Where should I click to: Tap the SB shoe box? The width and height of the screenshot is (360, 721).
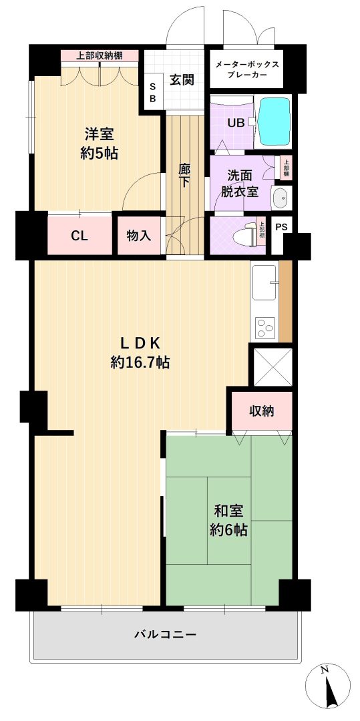[x=153, y=91]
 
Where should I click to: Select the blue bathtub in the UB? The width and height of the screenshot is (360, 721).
[x=275, y=122]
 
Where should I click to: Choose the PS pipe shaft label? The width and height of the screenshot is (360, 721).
[x=281, y=227]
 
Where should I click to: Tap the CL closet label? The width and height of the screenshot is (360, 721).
[x=79, y=236]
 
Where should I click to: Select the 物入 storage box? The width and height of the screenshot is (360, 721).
[x=139, y=236]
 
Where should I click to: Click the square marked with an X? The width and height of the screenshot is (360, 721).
[x=273, y=367]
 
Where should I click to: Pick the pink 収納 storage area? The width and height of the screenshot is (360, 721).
[x=262, y=411]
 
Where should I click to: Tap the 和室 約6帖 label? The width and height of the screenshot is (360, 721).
[x=228, y=521]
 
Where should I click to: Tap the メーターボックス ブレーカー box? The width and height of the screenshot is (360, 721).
[x=247, y=69]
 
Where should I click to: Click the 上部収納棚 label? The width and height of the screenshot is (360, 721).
[x=100, y=56]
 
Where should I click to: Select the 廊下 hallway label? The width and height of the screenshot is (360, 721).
[x=184, y=175]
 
